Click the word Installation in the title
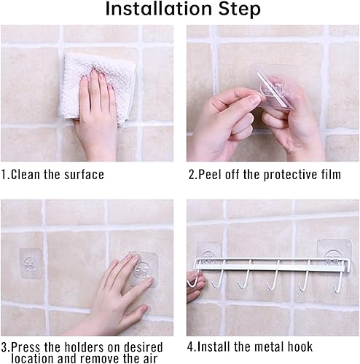157,9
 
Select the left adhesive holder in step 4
210,256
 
